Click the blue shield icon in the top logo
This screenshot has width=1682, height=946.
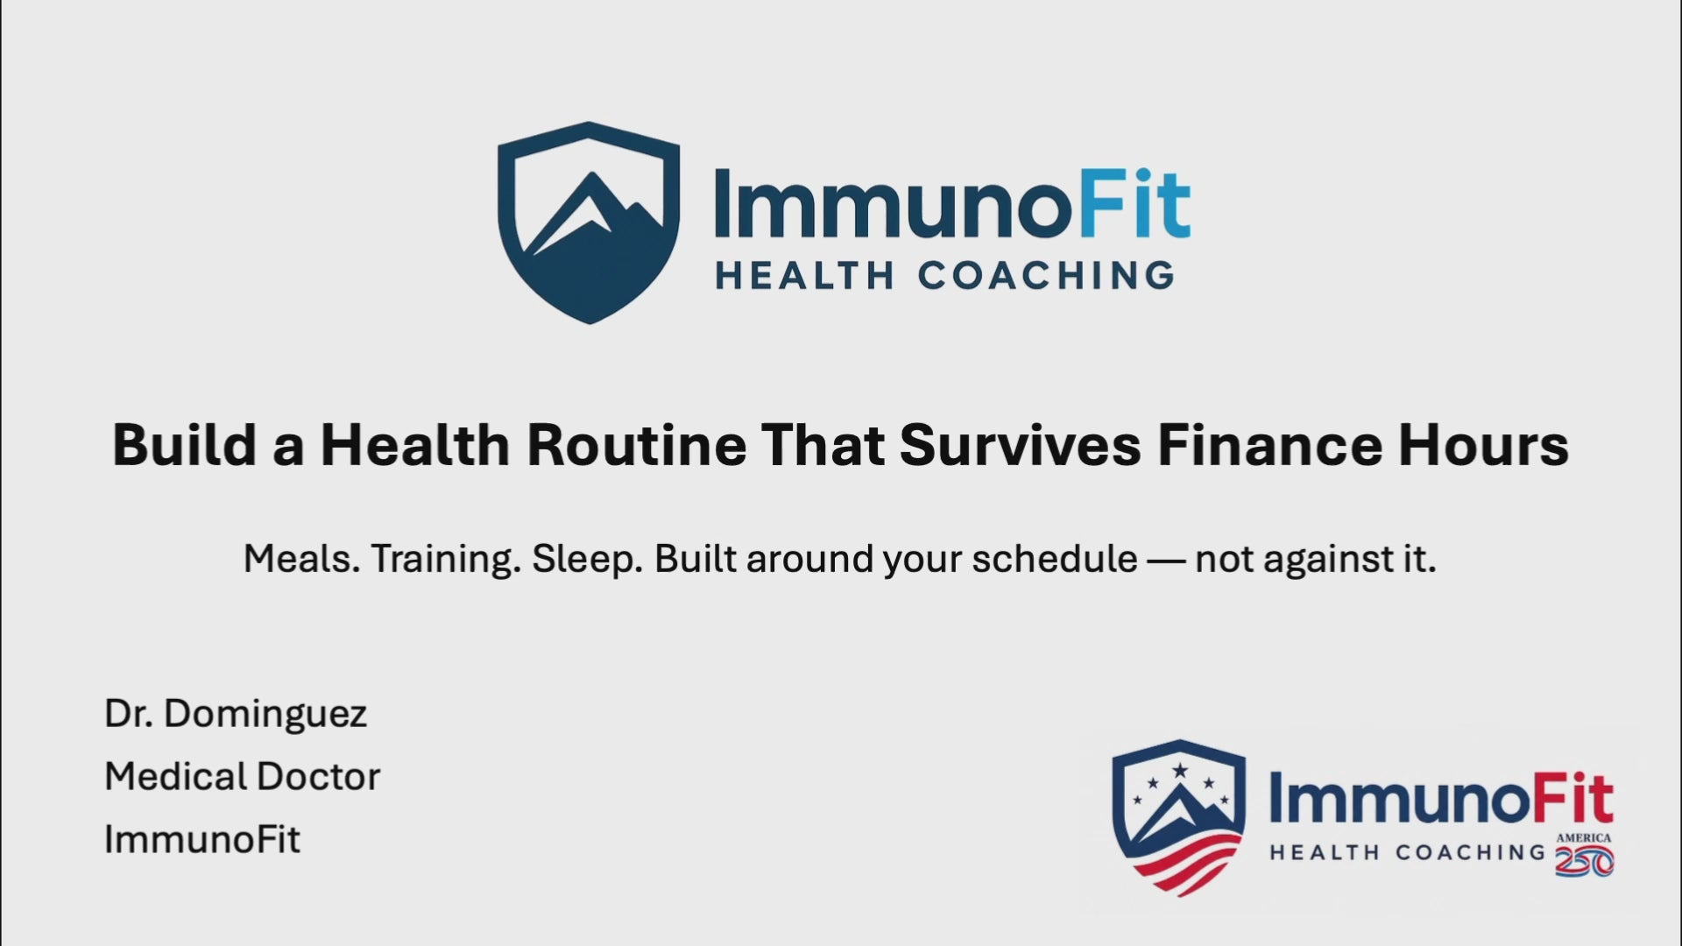click(x=589, y=222)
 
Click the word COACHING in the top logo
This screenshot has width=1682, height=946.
click(x=1046, y=276)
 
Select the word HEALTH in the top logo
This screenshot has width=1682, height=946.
click(x=804, y=276)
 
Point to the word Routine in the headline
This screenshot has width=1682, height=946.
click(x=636, y=444)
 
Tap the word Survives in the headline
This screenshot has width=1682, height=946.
click(x=1021, y=444)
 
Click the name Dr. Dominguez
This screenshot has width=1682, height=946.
click(x=236, y=715)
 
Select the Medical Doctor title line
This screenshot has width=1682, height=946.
click(x=243, y=776)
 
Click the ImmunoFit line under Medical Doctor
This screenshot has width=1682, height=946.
click(x=202, y=839)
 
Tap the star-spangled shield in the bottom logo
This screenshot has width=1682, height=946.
click(x=1179, y=817)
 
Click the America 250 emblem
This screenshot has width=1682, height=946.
click(x=1584, y=855)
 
